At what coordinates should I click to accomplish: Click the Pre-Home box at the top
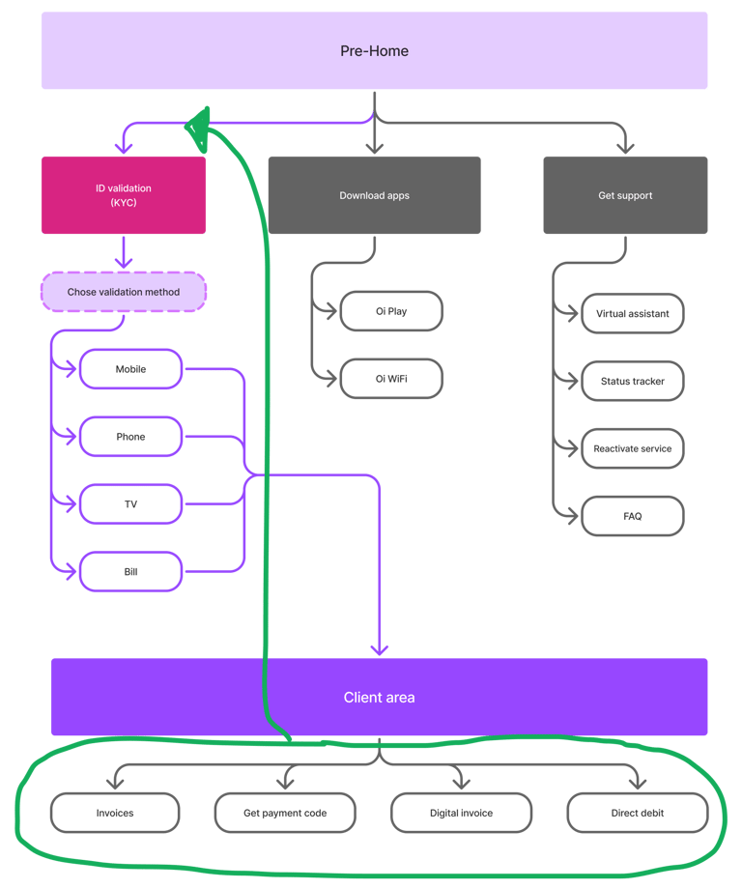click(374, 51)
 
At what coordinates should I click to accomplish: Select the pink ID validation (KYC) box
click(124, 195)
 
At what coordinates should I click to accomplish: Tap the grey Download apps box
click(374, 195)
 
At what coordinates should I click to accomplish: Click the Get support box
click(625, 195)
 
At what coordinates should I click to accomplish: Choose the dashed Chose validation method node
click(124, 292)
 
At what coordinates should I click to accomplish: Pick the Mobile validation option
click(130, 369)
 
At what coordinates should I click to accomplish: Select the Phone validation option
click(130, 437)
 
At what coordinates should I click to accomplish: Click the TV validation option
click(130, 504)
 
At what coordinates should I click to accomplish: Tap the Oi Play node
click(391, 311)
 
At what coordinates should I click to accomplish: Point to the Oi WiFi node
click(391, 379)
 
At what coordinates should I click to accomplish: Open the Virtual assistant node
click(633, 314)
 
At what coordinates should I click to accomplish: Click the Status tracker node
click(633, 382)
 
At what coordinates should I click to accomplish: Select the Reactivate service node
click(633, 448)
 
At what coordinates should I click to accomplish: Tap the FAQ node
click(633, 516)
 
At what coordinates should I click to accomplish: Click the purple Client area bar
click(379, 697)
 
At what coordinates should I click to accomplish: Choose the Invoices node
click(115, 813)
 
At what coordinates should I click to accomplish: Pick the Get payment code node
click(285, 813)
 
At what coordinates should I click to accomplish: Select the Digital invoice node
click(461, 813)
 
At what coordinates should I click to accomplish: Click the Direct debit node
click(638, 813)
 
